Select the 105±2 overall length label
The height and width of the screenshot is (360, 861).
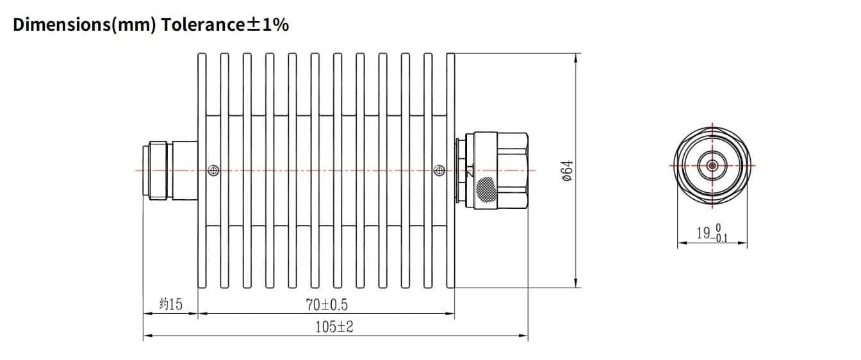point(334,327)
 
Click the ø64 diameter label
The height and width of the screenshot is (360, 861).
point(566,171)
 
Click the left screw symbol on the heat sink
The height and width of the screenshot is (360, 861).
point(213,170)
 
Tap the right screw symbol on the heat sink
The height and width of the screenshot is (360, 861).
point(439,170)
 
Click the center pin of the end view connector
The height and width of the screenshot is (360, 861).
point(712,165)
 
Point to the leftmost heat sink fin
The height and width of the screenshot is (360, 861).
point(202,170)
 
